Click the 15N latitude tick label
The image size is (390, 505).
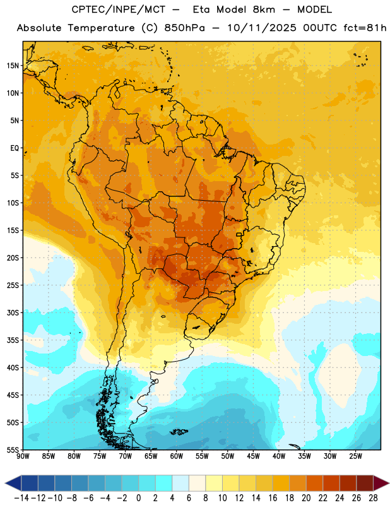pyautogui.click(x=13, y=66)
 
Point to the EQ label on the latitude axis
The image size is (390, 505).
pyautogui.click(x=15, y=148)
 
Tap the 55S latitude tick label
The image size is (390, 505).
pyautogui.click(x=13, y=449)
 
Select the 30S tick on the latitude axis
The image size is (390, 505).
pyautogui.click(x=13, y=312)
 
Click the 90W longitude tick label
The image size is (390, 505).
pyautogui.click(x=23, y=456)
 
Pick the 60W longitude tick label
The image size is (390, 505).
pyautogui.click(x=177, y=456)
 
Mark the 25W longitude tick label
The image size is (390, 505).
pyautogui.click(x=355, y=456)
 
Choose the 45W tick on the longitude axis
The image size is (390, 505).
pyautogui.click(x=254, y=456)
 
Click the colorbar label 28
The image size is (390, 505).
pyautogui.click(x=373, y=498)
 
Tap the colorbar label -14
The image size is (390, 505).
pyautogui.click(x=21, y=498)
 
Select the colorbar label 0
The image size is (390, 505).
pyautogui.click(x=138, y=498)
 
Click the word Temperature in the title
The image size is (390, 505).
pyautogui.click(x=101, y=28)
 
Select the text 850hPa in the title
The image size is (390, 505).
pyautogui.click(x=184, y=28)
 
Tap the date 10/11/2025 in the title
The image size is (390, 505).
pyautogui.click(x=262, y=28)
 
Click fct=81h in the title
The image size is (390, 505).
pyautogui.click(x=365, y=28)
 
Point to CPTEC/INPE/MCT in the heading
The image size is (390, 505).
pyautogui.click(x=119, y=9)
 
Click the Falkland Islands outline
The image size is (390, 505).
pyautogui.click(x=179, y=432)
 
